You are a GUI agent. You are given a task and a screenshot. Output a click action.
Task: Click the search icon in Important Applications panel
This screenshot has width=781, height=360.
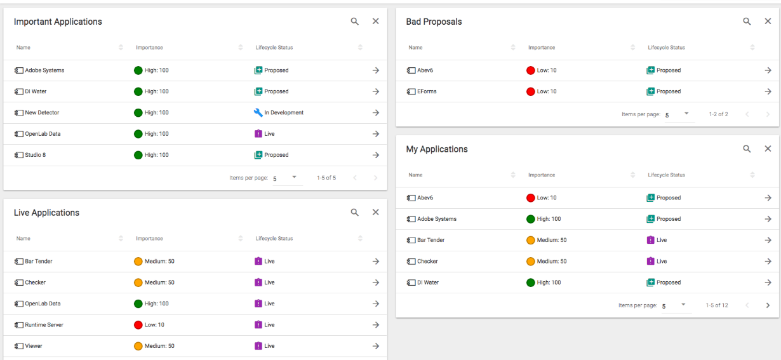tap(355, 22)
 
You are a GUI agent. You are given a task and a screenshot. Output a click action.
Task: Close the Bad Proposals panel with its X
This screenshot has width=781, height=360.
tap(768, 22)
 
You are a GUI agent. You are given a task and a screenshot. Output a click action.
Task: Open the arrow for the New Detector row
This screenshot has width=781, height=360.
tap(375, 113)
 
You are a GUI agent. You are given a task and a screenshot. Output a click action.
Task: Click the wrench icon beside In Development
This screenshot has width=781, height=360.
tap(258, 113)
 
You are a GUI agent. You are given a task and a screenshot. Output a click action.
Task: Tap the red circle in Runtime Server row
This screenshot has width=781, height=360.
tap(138, 325)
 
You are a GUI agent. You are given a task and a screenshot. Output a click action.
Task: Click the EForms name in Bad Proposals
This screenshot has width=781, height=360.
tap(427, 91)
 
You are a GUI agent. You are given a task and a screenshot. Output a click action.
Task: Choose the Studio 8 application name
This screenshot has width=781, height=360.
tap(35, 155)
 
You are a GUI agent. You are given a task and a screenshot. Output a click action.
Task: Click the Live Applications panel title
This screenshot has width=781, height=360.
tap(46, 213)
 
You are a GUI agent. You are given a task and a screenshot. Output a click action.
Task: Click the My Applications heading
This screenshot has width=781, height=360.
tap(437, 149)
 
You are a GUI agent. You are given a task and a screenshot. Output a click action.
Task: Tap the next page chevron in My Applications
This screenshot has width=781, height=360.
tap(768, 305)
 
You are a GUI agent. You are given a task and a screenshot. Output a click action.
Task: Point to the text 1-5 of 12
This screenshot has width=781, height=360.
tap(717, 305)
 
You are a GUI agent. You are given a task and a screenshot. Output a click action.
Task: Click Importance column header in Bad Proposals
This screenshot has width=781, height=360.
tap(542, 48)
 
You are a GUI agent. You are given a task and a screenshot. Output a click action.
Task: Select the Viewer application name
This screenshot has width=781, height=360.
tap(34, 346)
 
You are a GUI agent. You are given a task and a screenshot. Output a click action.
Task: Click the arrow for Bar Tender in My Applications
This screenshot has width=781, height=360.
tap(768, 240)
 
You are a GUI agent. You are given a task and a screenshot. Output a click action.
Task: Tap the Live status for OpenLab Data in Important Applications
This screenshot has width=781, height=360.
tap(269, 134)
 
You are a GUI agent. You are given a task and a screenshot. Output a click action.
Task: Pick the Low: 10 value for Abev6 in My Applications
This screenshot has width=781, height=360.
tap(546, 198)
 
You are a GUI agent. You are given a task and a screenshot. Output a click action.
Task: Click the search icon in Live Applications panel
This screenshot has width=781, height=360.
tap(355, 213)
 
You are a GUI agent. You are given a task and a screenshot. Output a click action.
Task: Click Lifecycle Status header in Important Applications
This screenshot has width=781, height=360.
tap(274, 48)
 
